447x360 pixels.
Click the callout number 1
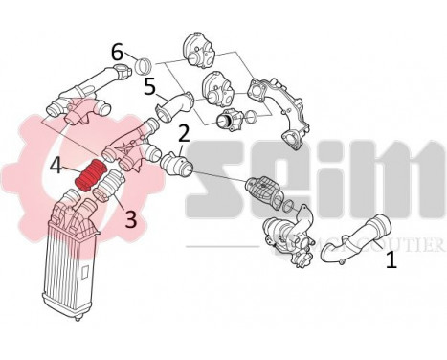click(x=391, y=259)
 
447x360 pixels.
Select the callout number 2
click(x=183, y=134)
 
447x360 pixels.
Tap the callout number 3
click(x=130, y=219)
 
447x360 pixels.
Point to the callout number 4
click(x=56, y=168)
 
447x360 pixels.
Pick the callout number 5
click(x=149, y=87)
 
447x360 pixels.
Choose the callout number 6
click(x=117, y=52)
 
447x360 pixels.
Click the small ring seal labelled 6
click(x=144, y=66)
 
